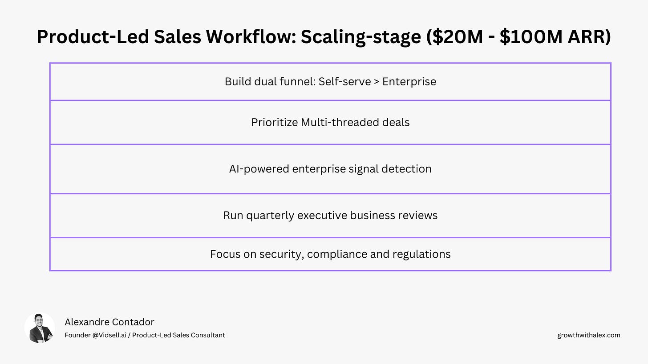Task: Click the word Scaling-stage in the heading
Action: pyautogui.click(x=360, y=37)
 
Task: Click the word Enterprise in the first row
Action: pyautogui.click(x=409, y=82)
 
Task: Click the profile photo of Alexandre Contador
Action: pyautogui.click(x=40, y=328)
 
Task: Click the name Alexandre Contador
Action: pyautogui.click(x=109, y=322)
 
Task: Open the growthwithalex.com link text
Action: pyautogui.click(x=588, y=335)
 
